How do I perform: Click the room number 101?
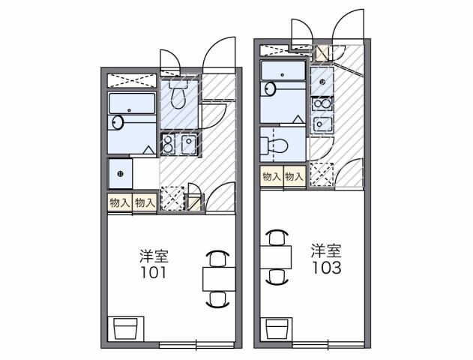[153, 272]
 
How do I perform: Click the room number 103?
[327, 268]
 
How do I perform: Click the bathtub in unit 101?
[131, 104]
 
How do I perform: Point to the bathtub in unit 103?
[283, 71]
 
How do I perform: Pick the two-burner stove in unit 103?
[323, 103]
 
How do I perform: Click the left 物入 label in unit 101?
[119, 202]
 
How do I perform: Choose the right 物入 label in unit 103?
[295, 176]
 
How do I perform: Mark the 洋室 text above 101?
[153, 255]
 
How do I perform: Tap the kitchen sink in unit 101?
[187, 144]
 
